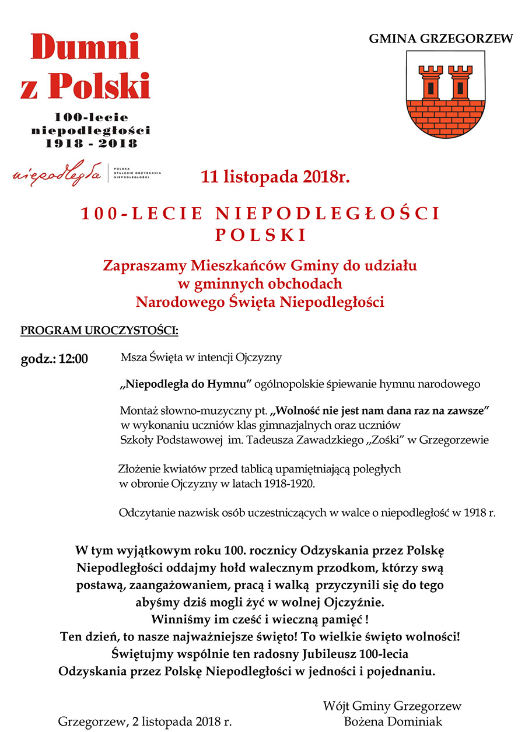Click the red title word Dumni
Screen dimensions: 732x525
(x=85, y=48)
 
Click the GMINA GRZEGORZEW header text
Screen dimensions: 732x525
(x=440, y=38)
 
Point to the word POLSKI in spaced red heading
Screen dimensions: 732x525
(x=261, y=235)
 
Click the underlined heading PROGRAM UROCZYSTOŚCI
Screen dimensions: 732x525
(x=99, y=331)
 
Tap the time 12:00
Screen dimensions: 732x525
(x=73, y=359)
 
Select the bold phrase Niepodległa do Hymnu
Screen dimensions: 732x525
(x=185, y=384)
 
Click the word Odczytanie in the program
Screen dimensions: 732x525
(x=143, y=513)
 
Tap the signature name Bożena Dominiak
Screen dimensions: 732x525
(x=393, y=722)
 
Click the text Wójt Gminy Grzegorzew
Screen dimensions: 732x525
(x=392, y=706)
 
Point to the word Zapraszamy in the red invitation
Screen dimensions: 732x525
(x=145, y=266)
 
